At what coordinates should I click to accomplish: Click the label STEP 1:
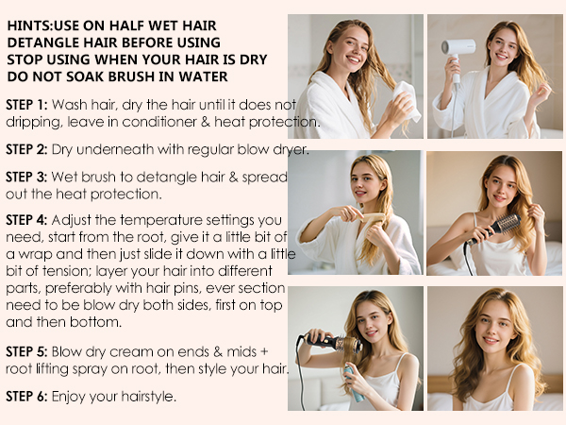25,104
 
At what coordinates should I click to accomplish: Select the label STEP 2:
25,149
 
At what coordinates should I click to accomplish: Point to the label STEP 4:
25,219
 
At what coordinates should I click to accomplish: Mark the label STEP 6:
25,395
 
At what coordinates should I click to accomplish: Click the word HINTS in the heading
28,26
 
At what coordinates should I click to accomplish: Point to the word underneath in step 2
108,149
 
